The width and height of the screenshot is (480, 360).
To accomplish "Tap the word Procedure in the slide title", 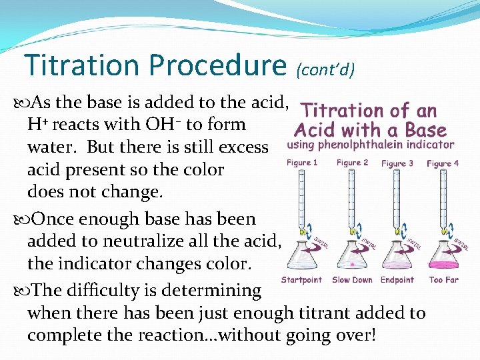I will [217, 65].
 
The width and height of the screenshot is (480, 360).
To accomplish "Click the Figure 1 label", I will [303, 163].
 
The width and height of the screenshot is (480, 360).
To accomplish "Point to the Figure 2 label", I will [352, 163].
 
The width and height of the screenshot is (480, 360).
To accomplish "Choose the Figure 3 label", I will [397, 163].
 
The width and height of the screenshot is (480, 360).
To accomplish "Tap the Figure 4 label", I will [443, 163].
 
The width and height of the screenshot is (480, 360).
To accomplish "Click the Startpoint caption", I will [301, 280].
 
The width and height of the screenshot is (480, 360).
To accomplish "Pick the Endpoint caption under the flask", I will [397, 280].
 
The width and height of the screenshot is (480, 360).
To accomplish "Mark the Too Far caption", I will [443, 280].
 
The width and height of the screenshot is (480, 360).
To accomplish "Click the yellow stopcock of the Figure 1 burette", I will [303, 233].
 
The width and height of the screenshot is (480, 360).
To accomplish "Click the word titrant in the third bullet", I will [325, 313].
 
